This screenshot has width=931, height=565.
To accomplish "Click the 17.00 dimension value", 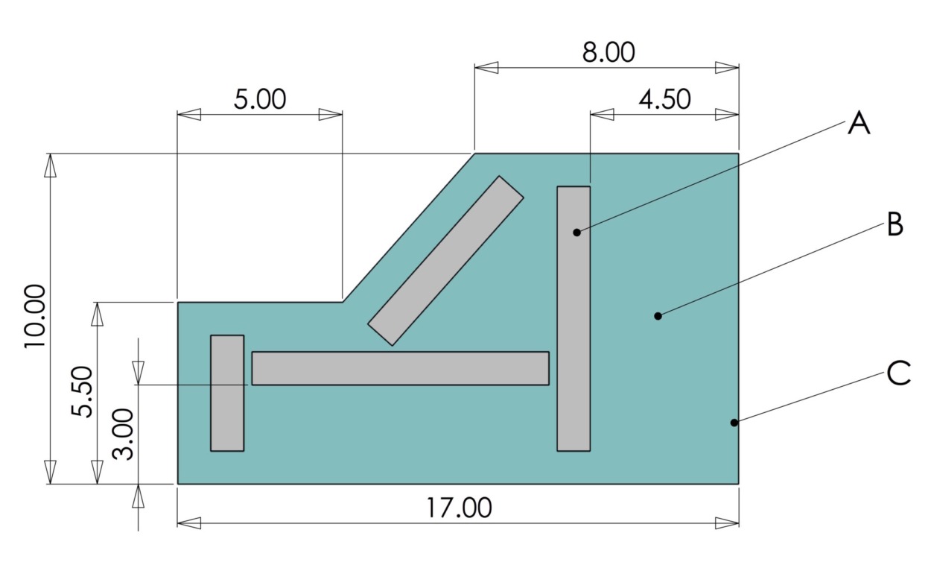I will coord(459,508).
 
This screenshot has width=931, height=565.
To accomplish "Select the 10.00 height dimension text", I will coord(35,316).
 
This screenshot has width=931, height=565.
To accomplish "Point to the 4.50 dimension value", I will coord(664,99).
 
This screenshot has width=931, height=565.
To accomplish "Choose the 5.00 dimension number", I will coord(259,99).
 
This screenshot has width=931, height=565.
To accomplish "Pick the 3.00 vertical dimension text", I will coord(124,434).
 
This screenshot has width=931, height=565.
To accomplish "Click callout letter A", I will coord(859,123).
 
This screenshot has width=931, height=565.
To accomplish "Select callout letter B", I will coord(895,224).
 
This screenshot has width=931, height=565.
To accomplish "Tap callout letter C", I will coord(899,373).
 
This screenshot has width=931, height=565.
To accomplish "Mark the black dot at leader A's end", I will coord(576,233).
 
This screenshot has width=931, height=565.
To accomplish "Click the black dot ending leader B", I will coord(658,316).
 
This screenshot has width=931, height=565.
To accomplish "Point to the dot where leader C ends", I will coord(734,423).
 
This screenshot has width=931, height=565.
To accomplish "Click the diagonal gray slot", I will coord(446,261).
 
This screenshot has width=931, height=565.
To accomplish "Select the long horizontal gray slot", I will coord(400,368).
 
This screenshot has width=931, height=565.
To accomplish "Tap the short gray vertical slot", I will coord(227,393).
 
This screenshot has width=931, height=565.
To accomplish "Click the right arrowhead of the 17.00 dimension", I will coord(727,523).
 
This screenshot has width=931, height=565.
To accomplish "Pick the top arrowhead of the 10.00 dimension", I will coord(50,165).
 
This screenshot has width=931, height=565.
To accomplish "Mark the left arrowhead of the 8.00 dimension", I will coord(486,68).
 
